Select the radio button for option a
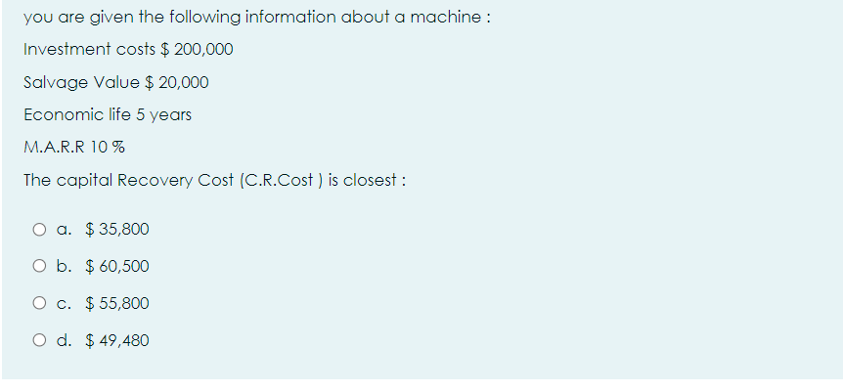tap(37, 230)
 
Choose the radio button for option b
tap(37, 267)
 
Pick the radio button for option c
tap(37, 304)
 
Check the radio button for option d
tap(37, 341)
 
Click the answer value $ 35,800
tap(117, 230)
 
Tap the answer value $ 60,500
tap(117, 267)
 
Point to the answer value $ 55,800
tap(117, 304)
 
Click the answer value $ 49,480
tap(117, 341)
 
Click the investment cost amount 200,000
tap(203, 49)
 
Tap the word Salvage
tap(49, 82)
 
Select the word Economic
tap(58, 114)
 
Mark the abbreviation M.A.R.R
tap(53, 148)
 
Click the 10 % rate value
tap(109, 148)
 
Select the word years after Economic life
tap(170, 115)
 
